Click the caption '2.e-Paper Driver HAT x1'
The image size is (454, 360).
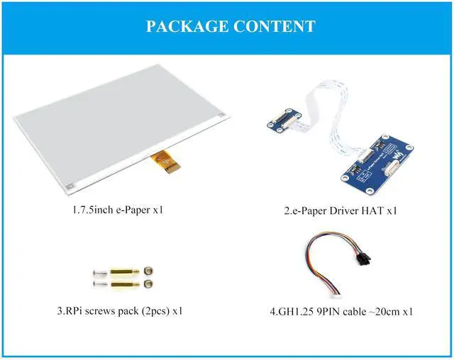340,210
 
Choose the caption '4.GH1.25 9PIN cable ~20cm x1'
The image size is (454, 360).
340,311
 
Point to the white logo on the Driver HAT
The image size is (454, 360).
402,152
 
